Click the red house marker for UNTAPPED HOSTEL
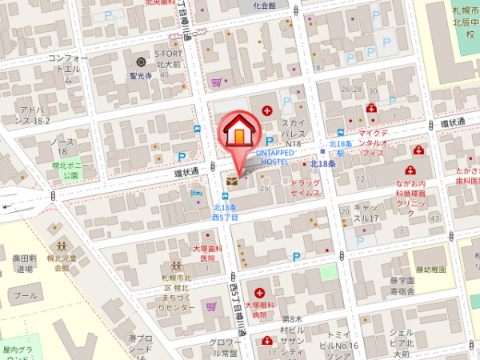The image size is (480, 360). click(238, 131)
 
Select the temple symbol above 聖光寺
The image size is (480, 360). click(142, 62)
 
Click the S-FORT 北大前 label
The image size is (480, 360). click(170, 58)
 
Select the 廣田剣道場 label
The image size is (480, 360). click(24, 263)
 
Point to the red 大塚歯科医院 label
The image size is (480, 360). click(208, 254)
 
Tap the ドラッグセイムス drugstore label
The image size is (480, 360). click(302, 188)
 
